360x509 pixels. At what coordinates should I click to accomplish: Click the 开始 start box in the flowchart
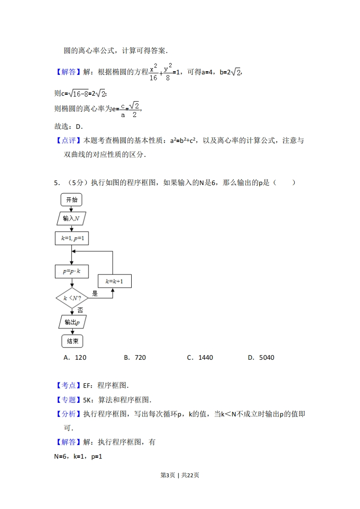point(71,200)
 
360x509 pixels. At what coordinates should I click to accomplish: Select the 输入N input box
point(71,219)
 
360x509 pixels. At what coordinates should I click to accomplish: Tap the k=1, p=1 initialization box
point(72,238)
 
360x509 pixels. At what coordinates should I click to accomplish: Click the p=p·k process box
point(72,271)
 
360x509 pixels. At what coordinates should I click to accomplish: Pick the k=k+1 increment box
point(115,281)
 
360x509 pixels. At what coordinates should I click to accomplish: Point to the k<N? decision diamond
point(72,298)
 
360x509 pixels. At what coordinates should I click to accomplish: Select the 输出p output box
point(73,322)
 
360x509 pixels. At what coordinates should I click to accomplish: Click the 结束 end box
point(73,341)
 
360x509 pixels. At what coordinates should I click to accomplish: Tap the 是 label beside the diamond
point(94,294)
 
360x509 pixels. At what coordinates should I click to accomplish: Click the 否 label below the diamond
point(80,310)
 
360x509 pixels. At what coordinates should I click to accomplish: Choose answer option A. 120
point(75,358)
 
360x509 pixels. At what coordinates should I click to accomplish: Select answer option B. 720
point(135,358)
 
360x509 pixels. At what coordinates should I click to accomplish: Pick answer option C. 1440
point(200,358)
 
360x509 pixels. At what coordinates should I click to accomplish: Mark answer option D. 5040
point(261,358)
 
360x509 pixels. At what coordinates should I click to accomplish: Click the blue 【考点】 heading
point(69,385)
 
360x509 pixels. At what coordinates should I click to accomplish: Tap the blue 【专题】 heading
point(69,400)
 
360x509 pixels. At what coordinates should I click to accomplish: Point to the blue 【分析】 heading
point(69,414)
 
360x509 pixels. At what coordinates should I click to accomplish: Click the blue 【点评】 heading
point(69,141)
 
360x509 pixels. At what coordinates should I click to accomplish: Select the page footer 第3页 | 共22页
point(180,475)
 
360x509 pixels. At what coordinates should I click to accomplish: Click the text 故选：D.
point(69,127)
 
